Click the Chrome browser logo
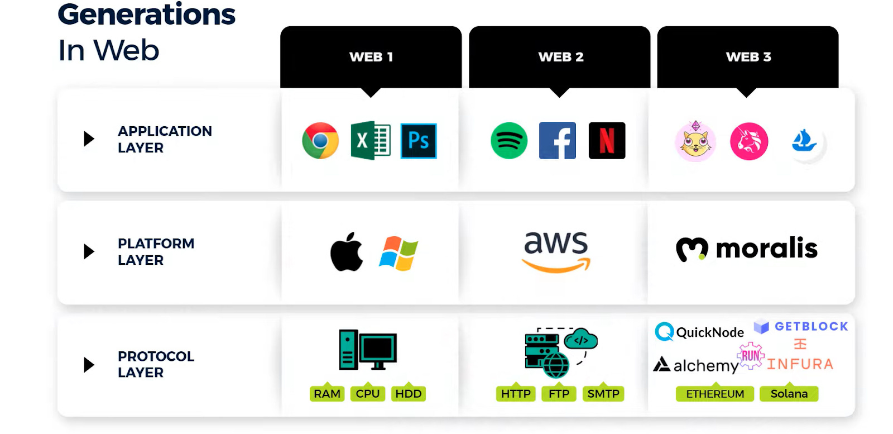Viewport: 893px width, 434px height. (320, 141)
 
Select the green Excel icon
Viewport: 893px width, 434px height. (370, 141)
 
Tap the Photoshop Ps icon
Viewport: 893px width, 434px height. (419, 141)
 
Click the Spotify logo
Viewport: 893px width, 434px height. (509, 141)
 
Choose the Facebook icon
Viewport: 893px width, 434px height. (558, 141)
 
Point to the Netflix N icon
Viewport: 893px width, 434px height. (607, 141)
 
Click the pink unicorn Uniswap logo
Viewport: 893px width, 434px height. (749, 141)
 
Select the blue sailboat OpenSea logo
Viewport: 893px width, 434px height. (804, 141)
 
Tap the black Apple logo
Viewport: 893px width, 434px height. (347, 252)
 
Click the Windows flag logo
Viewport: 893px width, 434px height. (399, 253)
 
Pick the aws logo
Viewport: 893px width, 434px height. (556, 251)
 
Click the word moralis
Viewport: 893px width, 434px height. (766, 249)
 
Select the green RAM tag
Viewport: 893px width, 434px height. (327, 394)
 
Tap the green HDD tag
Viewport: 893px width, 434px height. (409, 394)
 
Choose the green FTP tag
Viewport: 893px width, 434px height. (559, 394)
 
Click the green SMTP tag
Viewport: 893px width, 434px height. (603, 394)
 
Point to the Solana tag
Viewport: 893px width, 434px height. (789, 394)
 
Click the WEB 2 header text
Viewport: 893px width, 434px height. (561, 57)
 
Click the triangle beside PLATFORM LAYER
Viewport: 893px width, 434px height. (89, 251)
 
